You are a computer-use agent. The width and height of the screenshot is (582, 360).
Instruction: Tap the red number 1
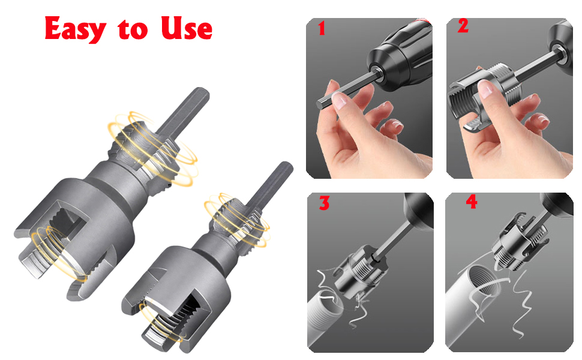coord(322,28)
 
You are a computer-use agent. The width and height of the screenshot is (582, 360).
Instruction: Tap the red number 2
coord(463,27)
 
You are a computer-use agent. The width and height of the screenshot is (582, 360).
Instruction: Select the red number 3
coord(324,203)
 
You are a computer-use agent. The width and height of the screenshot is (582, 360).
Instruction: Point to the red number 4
coord(472,202)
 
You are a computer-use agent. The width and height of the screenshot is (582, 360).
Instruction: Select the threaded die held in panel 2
coord(480,99)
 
